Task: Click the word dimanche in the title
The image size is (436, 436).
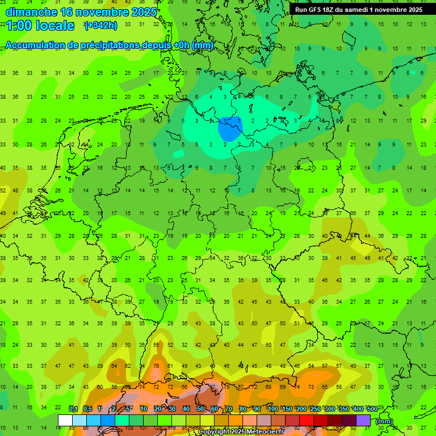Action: tap(30, 11)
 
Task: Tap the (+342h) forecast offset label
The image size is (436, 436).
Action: tap(100, 26)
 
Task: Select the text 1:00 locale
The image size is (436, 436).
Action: tap(40, 26)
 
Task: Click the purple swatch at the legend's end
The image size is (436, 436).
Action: tap(363, 421)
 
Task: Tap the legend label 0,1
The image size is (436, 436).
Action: tap(73, 409)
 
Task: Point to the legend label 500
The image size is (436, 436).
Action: tap(372, 409)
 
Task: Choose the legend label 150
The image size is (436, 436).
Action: tap(287, 409)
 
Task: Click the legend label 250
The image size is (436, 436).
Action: tap(316, 409)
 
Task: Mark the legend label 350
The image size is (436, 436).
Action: tap(344, 409)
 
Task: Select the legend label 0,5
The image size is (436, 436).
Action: tap(87, 409)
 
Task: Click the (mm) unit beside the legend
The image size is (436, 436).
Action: tap(384, 421)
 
